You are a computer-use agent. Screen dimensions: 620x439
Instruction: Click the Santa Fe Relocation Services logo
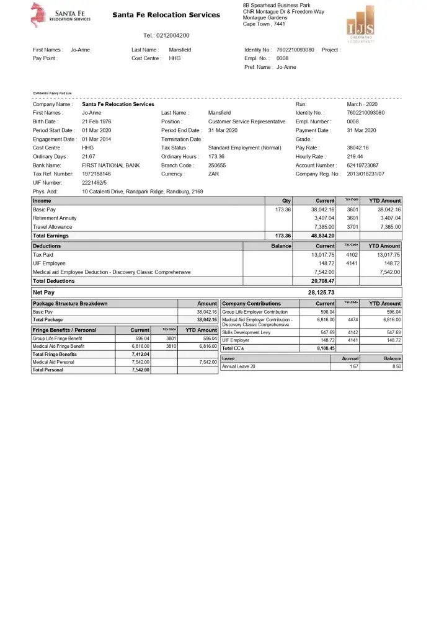click(60, 15)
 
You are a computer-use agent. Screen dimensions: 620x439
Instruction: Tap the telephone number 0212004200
click(166, 35)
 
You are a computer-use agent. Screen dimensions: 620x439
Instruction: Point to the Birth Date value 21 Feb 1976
click(97, 122)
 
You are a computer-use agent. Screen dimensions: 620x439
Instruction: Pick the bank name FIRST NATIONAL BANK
click(111, 166)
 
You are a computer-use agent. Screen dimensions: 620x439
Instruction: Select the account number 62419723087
click(363, 166)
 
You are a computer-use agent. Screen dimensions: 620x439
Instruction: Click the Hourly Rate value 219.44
click(355, 157)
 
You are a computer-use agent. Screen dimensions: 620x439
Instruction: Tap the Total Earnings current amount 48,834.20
click(322, 236)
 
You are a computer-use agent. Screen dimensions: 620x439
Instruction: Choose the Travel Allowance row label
click(53, 227)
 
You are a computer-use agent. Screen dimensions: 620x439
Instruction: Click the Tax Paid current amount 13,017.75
click(322, 255)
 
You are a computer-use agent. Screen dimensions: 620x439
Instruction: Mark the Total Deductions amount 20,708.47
click(322, 281)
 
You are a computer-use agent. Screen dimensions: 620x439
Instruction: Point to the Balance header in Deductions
click(281, 246)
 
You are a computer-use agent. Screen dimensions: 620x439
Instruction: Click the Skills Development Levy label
click(246, 333)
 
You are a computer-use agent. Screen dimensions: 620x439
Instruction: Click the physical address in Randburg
click(143, 192)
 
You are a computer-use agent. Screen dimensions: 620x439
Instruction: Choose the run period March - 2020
click(363, 104)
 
